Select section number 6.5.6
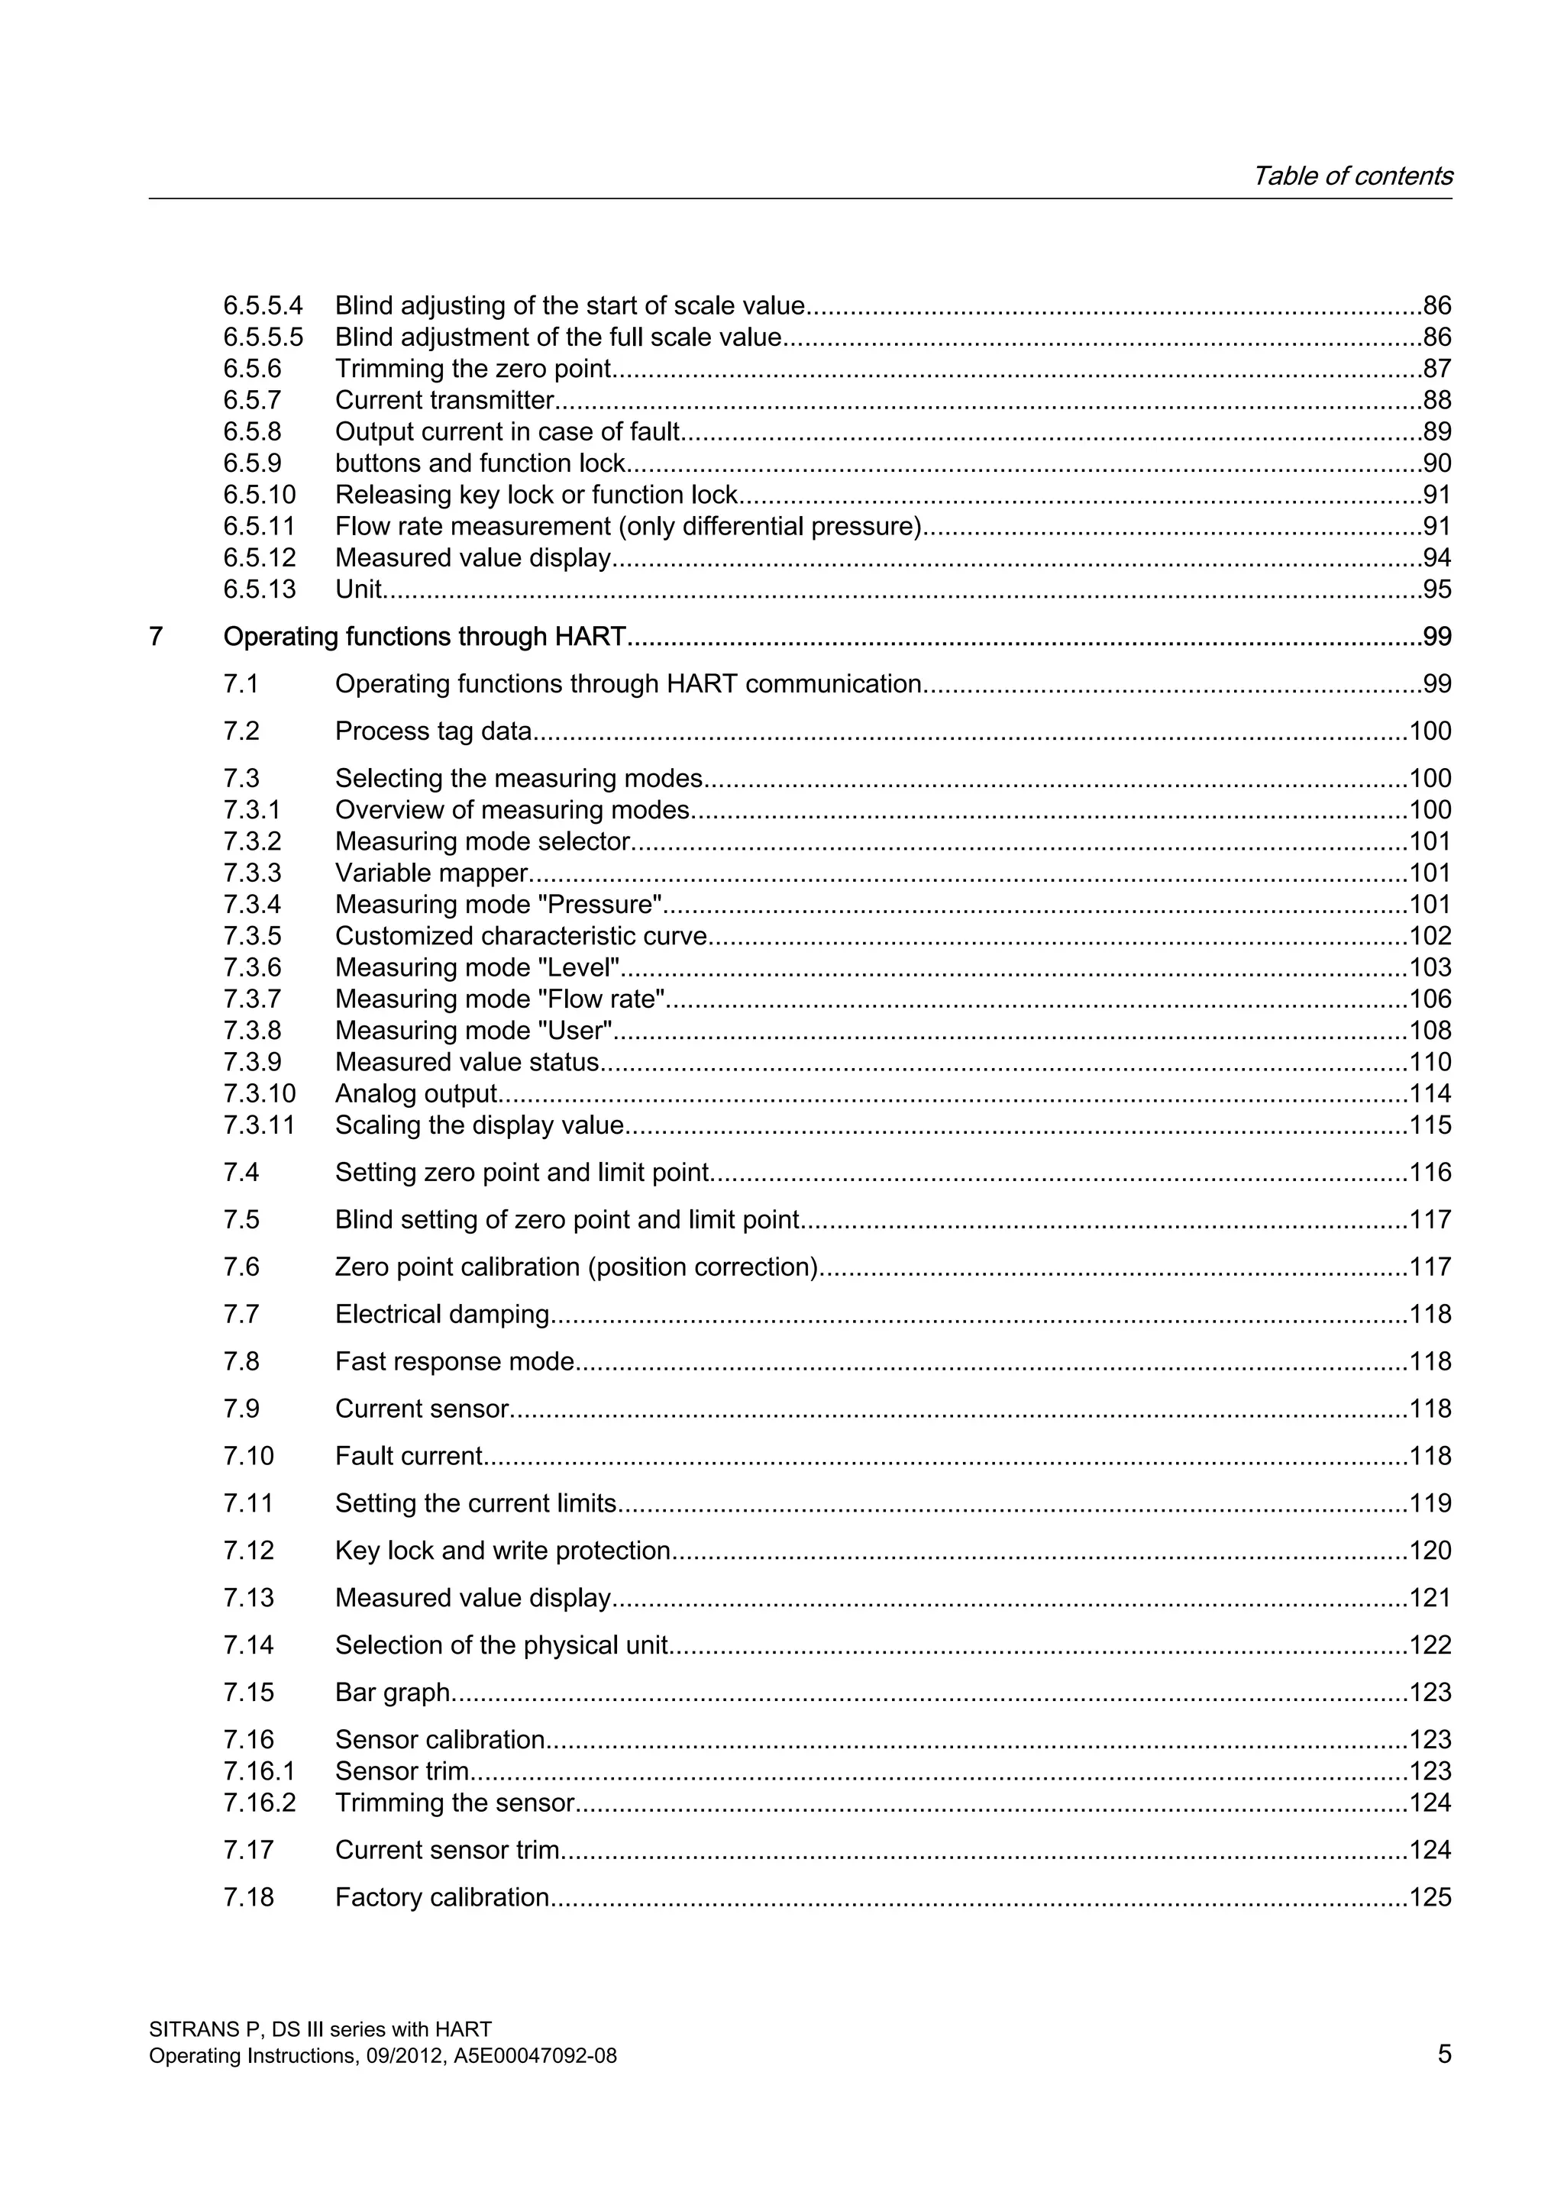point(252,369)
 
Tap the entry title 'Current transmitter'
point(444,401)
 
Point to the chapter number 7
point(156,637)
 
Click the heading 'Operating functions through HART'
point(425,637)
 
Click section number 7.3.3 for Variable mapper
point(252,873)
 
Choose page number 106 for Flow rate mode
point(1430,999)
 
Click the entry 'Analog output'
point(416,1093)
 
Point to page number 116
point(1430,1172)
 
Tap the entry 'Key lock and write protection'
point(502,1551)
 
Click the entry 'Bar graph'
point(393,1692)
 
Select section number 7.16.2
point(259,1802)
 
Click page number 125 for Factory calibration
point(1430,1897)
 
